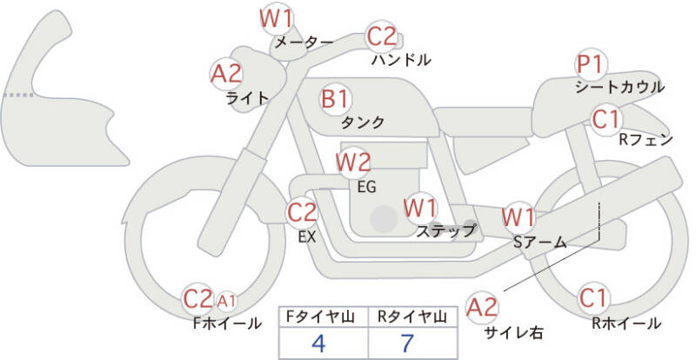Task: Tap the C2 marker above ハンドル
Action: coord(381,37)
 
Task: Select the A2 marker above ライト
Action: coord(227,74)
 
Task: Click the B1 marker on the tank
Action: coord(336,98)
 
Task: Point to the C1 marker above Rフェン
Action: coord(606,118)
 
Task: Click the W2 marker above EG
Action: coord(353,162)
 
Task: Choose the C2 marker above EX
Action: coord(302,211)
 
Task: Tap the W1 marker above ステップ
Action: coord(421,209)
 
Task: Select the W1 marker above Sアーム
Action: coord(519,216)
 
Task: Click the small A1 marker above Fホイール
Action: coord(227,301)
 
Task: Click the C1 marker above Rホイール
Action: coord(594,298)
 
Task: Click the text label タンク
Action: coord(363,123)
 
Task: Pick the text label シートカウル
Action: coord(619,87)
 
